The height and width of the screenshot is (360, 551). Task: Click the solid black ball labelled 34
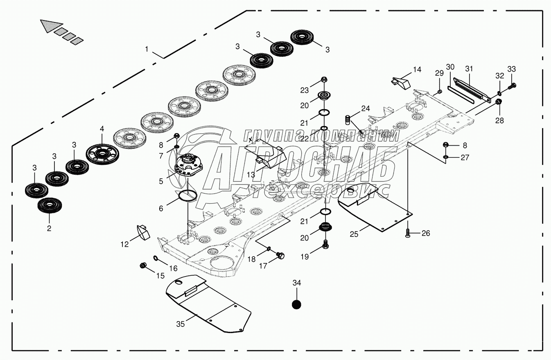tap(296, 305)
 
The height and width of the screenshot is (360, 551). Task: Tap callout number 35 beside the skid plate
tap(181, 324)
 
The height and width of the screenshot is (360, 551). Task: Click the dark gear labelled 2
tap(50, 205)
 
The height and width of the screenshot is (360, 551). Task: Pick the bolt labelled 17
tap(281, 255)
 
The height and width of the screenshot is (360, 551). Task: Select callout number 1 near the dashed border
tap(147, 49)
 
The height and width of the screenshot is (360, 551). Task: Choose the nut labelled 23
tap(324, 79)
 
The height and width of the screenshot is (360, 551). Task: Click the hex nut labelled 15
tap(143, 265)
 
